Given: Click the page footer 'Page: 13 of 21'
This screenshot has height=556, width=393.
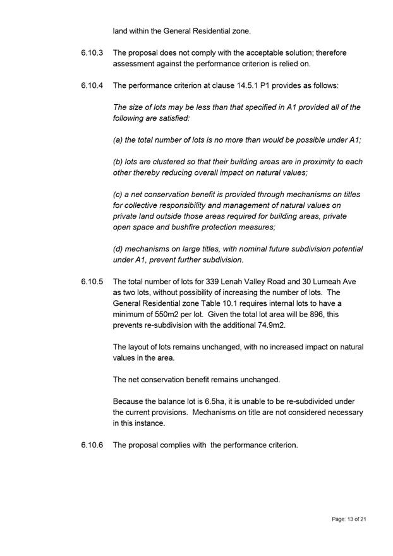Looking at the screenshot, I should [349, 519].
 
